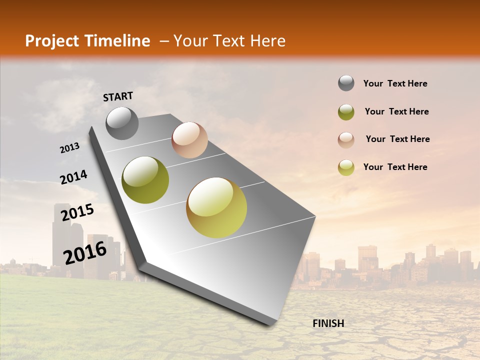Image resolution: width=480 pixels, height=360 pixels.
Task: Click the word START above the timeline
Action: click(118, 96)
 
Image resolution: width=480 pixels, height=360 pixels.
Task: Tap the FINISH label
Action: click(328, 323)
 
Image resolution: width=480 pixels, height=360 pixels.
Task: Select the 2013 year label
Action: click(69, 148)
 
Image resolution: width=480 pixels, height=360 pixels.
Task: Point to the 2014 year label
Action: click(73, 177)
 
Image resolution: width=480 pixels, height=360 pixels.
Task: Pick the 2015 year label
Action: click(77, 212)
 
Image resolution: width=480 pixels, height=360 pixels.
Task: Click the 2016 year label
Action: click(85, 252)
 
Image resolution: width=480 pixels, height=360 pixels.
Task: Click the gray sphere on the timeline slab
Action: click(122, 123)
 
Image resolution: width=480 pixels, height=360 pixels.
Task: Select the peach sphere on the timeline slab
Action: click(189, 140)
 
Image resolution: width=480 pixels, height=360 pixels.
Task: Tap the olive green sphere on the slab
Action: click(145, 180)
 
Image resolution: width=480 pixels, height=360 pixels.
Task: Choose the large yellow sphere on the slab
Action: click(216, 207)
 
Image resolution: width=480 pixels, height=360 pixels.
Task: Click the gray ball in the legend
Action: click(346, 83)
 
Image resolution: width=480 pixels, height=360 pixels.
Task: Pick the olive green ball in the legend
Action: click(346, 112)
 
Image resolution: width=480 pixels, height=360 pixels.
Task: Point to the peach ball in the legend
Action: click(346, 140)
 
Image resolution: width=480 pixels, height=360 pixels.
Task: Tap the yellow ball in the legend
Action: click(346, 167)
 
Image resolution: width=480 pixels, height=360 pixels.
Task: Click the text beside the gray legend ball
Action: click(395, 83)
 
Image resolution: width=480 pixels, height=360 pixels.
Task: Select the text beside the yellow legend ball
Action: click(395, 167)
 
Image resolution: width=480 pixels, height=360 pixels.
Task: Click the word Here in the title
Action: click(267, 41)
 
